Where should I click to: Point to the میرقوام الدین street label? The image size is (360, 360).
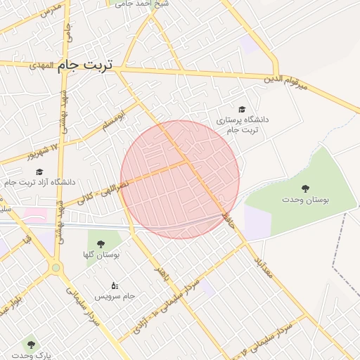point(290,83)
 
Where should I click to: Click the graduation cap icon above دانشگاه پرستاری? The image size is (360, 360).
point(242,110)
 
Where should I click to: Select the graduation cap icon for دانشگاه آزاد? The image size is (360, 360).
point(39,172)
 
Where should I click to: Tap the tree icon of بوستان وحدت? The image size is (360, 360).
point(305,188)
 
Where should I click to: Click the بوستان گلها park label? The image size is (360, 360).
point(101,255)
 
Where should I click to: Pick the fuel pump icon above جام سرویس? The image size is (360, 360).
point(115,285)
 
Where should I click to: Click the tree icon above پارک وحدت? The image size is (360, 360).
point(30,345)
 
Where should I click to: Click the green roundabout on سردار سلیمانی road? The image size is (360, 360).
point(56,267)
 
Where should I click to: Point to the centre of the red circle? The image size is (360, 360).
point(180,179)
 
